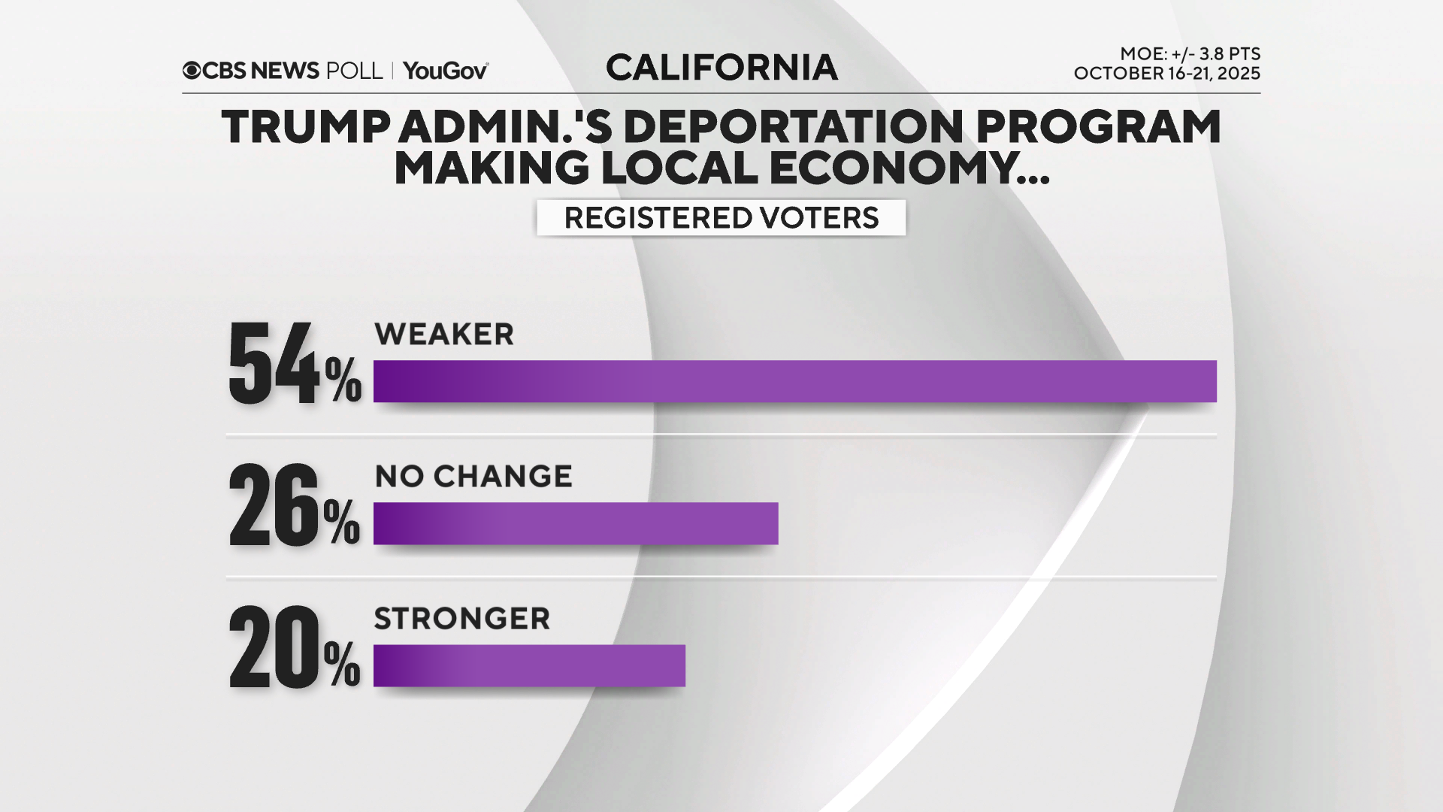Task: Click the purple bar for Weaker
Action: click(x=794, y=381)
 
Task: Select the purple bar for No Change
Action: click(x=576, y=523)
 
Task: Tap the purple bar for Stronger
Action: click(x=529, y=665)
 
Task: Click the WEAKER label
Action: click(x=444, y=335)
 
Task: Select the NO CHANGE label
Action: click(x=473, y=477)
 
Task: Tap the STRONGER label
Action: click(x=462, y=619)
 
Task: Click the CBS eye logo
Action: click(x=192, y=71)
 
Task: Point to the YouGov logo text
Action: click(x=446, y=71)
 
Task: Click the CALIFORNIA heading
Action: click(x=721, y=68)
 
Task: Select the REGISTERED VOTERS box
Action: click(x=721, y=218)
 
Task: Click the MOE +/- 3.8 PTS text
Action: click(x=1190, y=54)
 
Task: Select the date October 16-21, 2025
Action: click(x=1166, y=74)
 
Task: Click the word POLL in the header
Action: click(x=355, y=71)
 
